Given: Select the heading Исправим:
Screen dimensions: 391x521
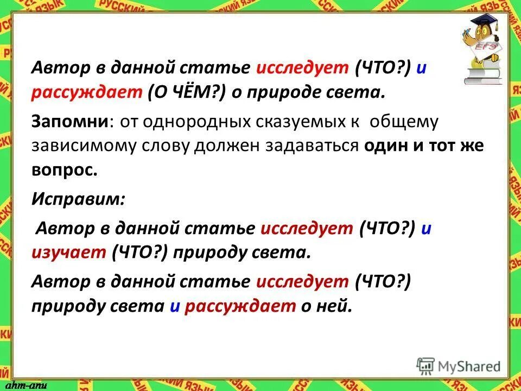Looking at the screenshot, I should [78, 199].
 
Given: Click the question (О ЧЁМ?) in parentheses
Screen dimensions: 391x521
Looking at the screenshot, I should [183, 93].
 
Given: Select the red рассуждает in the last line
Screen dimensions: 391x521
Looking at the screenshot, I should [239, 307].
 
